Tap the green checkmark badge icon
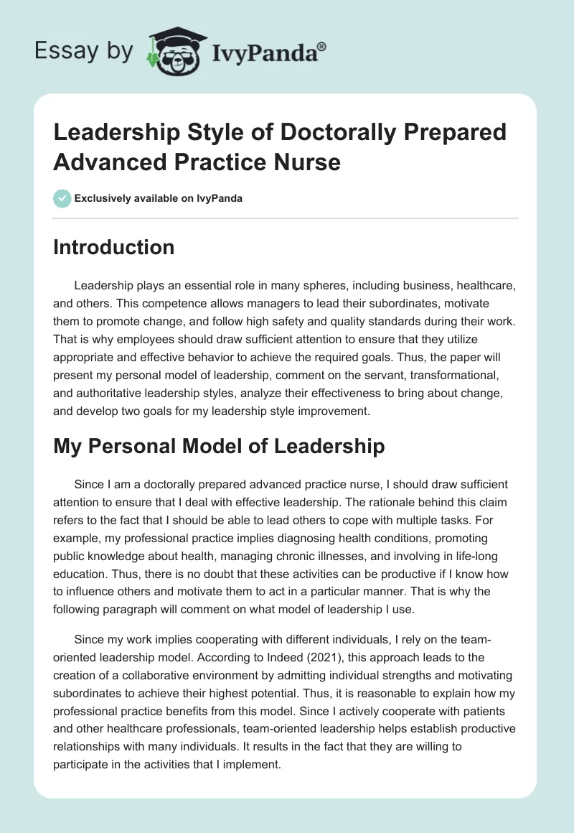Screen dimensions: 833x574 pos(62,198)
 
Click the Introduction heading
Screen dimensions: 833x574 pos(114,248)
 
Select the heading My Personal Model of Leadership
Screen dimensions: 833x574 pos(219,446)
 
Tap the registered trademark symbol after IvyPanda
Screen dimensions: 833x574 pos(322,47)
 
